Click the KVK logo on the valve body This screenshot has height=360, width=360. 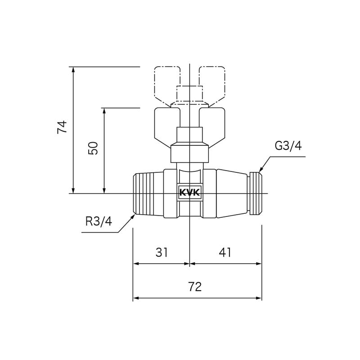190,193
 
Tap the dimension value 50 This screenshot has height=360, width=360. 93,148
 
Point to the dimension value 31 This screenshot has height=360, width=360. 162,252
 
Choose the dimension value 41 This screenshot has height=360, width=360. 225,252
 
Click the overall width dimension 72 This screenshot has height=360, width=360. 195,287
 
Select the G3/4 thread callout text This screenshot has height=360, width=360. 288,146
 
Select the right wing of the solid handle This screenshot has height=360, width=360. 214,124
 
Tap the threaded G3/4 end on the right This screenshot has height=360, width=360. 255,193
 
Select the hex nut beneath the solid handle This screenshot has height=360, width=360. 190,153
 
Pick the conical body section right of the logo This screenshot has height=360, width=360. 232,193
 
